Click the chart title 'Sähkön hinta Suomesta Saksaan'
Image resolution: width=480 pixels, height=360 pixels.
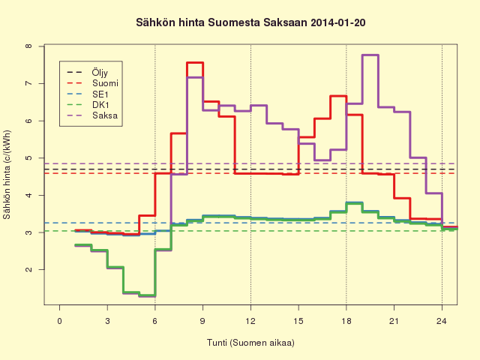click(222, 22)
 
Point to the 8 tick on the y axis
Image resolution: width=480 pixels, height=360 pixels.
click(28, 46)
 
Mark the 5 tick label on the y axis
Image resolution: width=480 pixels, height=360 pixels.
click(28, 158)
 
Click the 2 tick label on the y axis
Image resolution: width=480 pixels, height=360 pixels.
click(28, 270)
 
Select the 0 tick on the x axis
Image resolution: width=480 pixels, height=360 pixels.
click(60, 321)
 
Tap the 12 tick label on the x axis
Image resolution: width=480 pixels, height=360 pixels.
click(250, 321)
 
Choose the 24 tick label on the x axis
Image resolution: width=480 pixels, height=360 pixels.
click(442, 321)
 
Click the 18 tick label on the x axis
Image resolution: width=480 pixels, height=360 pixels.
click(346, 321)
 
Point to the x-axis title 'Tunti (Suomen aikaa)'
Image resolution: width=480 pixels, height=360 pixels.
click(250, 343)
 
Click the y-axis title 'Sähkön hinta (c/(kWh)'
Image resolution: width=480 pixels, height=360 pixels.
click(7, 175)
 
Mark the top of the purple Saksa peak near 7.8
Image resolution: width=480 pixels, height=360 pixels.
click(370, 55)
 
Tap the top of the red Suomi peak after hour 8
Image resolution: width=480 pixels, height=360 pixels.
click(195, 63)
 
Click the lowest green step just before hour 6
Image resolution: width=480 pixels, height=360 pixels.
click(147, 295)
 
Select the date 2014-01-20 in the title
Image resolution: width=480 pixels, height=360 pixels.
click(337, 22)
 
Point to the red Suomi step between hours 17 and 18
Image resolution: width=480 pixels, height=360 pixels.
click(338, 96)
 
